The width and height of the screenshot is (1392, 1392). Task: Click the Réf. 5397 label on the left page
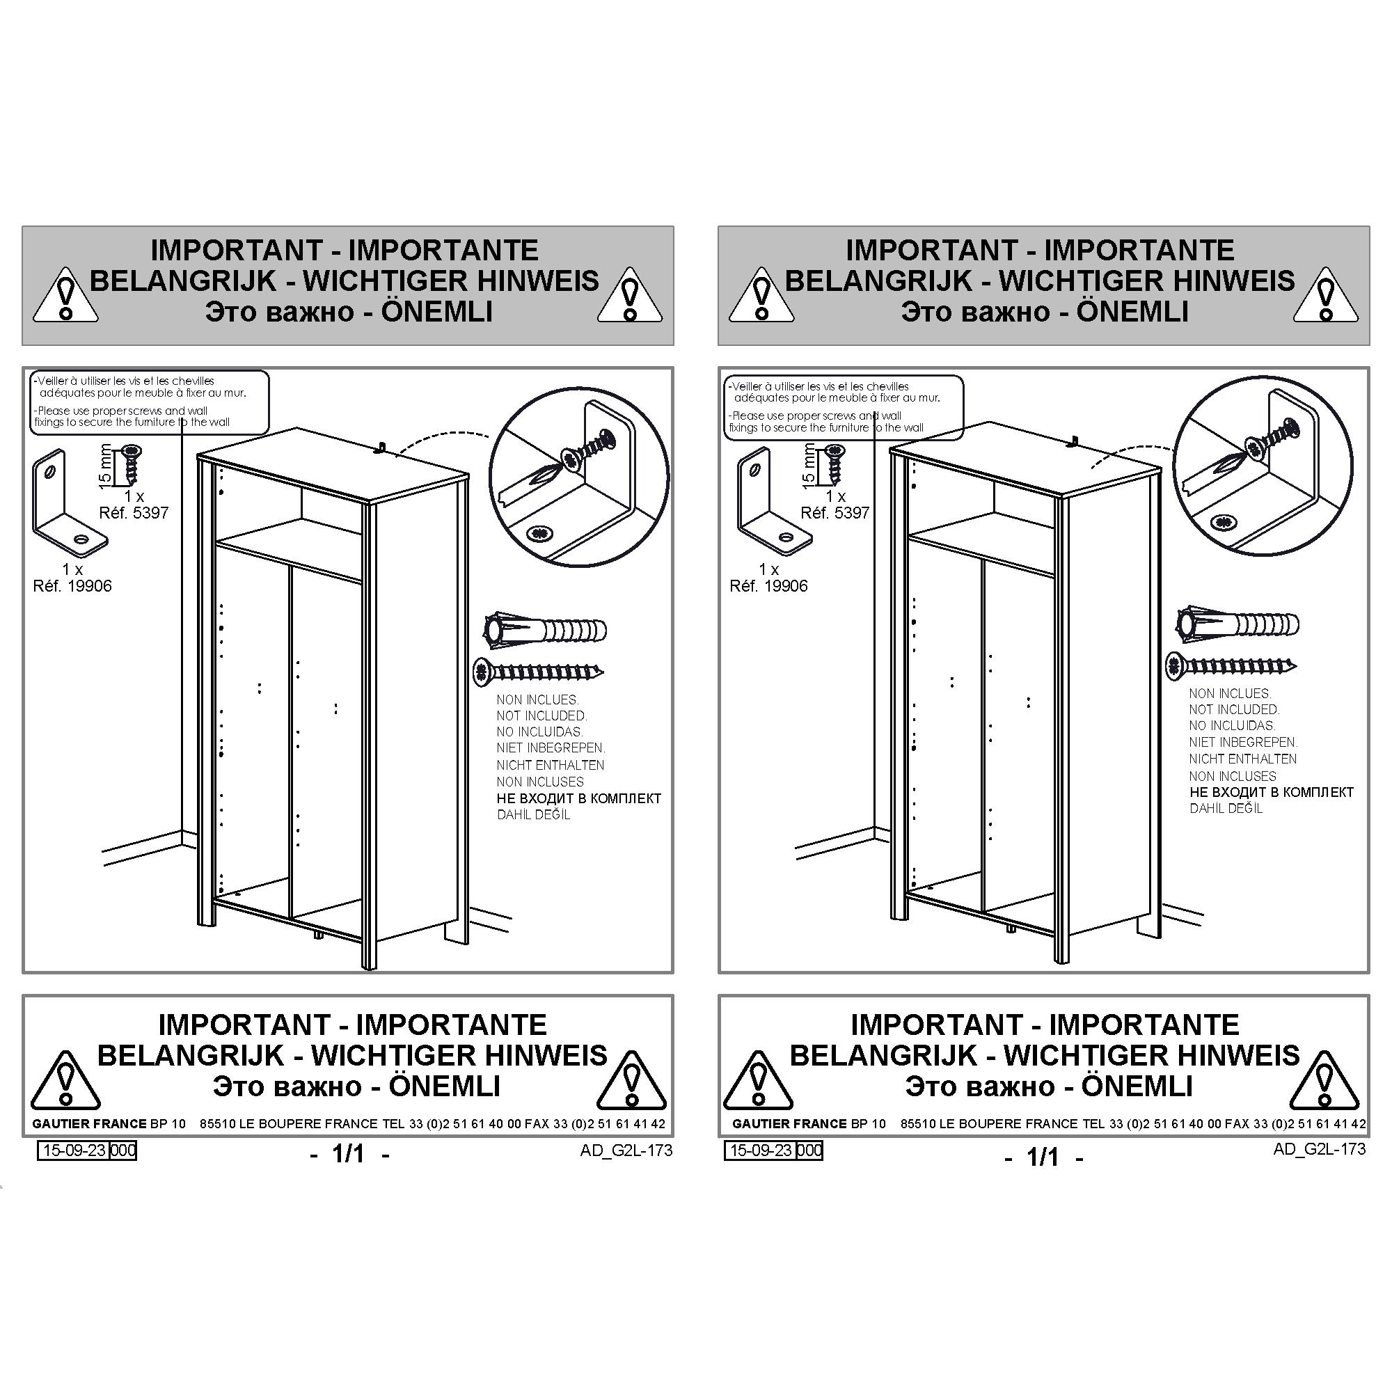point(134,513)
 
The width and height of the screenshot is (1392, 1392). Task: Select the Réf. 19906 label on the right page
point(769,587)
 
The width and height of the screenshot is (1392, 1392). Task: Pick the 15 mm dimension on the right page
point(808,466)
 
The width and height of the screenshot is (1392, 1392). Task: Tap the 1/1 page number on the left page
point(349,1153)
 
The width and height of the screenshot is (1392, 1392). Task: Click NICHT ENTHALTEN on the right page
point(1243,759)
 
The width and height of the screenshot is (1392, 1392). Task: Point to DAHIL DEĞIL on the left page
point(533,815)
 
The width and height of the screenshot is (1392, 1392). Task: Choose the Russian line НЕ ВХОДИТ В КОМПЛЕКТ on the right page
point(1272,793)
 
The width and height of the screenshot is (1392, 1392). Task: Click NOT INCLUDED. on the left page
point(541,716)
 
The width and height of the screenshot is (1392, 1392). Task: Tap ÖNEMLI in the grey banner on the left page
point(437,312)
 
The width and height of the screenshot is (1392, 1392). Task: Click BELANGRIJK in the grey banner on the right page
point(878,281)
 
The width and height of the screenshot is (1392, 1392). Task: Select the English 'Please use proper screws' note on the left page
point(132,416)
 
